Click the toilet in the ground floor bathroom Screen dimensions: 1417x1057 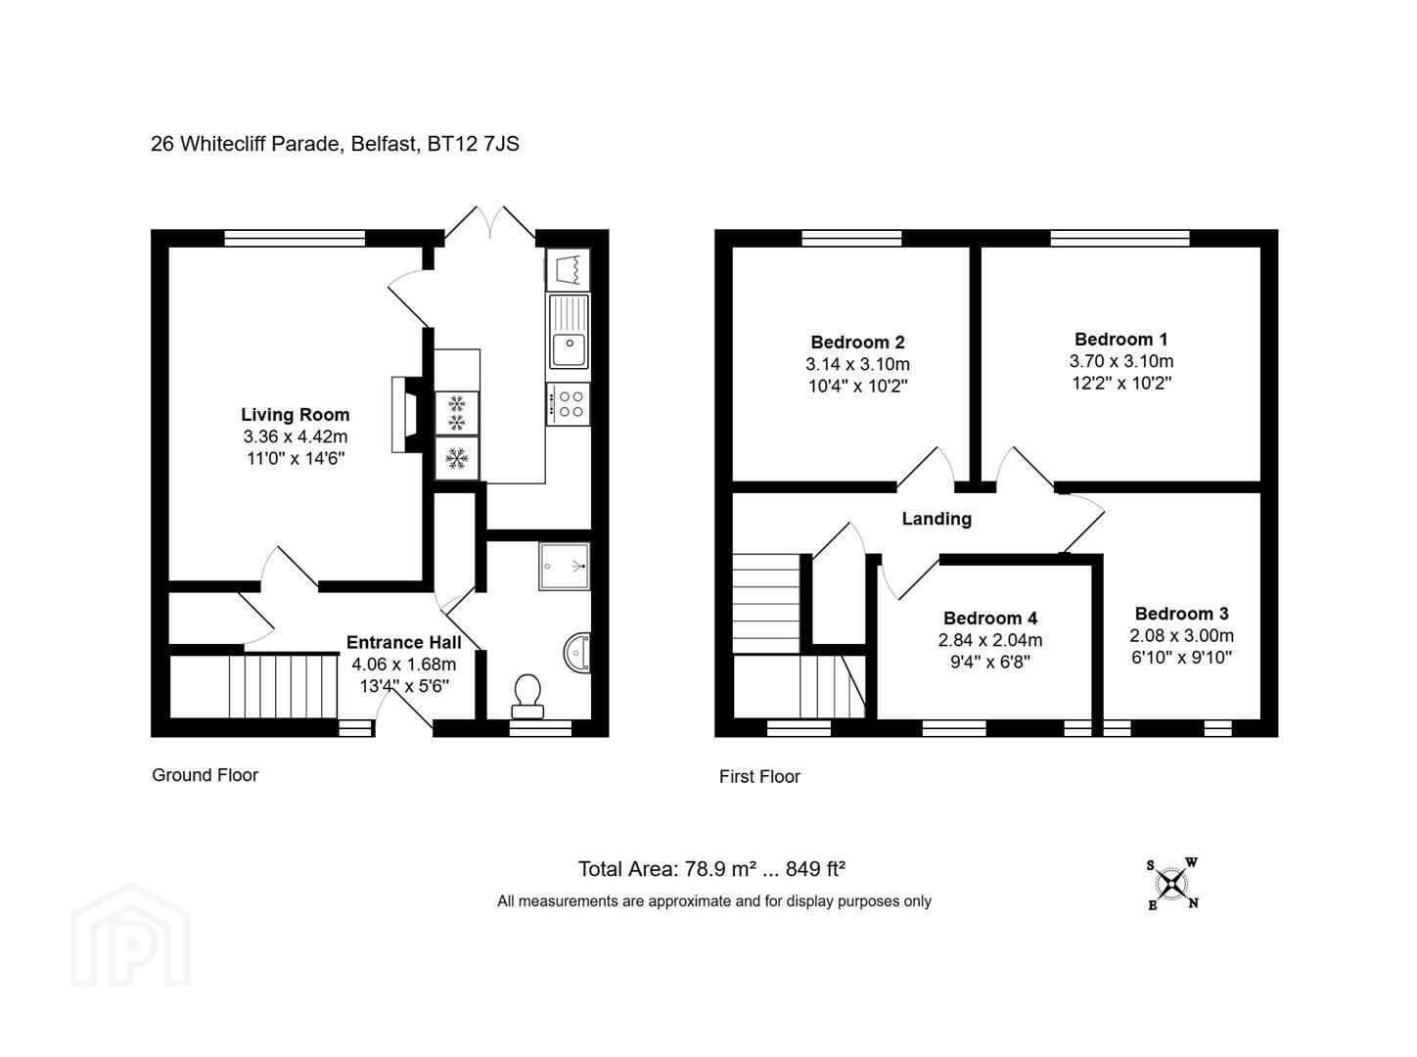click(526, 696)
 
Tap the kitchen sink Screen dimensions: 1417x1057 click(569, 331)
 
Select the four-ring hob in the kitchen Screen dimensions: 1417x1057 click(569, 404)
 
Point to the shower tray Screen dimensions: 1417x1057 click(565, 567)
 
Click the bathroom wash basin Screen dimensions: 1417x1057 click(577, 653)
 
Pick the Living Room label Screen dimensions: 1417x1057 click(295, 415)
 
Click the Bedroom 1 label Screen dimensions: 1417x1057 click(1121, 339)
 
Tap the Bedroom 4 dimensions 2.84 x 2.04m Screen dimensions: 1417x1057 click(990, 640)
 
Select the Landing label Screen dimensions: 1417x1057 click(937, 519)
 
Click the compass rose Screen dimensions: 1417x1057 click(1171, 884)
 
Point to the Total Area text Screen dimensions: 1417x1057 click(711, 869)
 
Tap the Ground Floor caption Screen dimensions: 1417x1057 click(205, 775)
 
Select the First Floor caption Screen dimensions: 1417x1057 click(759, 776)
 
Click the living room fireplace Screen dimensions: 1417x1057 click(407, 414)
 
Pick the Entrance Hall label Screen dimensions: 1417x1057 click(403, 642)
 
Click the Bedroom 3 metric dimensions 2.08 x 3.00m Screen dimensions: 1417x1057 click(1181, 635)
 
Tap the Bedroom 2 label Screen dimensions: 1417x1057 click(857, 342)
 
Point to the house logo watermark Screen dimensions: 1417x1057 click(130, 935)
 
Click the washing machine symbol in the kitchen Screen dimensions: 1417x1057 click(569, 269)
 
